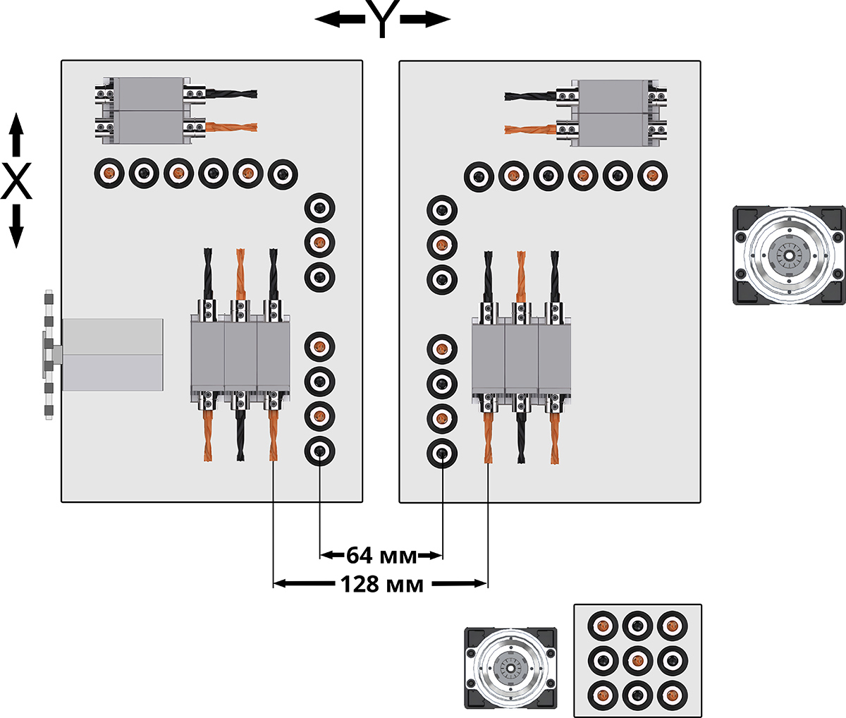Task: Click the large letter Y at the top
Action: (381, 20)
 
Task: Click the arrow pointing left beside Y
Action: (337, 20)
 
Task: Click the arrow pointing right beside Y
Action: (426, 20)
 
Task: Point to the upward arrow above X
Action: (16, 135)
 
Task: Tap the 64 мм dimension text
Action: (370, 556)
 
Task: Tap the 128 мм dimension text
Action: (381, 584)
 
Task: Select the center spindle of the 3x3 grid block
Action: (637, 660)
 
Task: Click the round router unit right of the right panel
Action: (787, 255)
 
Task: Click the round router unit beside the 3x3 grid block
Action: (510, 667)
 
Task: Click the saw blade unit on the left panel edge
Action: (49, 354)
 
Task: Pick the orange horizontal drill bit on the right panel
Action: (531, 129)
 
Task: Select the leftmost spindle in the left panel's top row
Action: (109, 173)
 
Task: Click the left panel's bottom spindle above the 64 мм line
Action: (319, 451)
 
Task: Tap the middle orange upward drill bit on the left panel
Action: (240, 272)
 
